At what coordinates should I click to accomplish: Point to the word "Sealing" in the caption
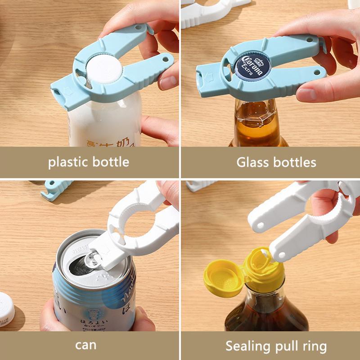[246, 346]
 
